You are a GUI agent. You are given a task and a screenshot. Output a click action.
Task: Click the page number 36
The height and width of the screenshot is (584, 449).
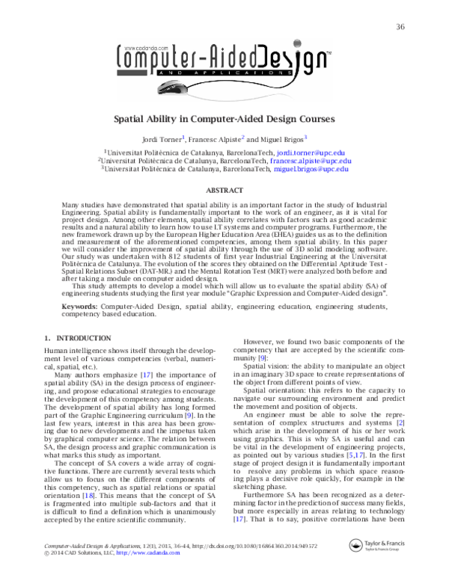[x=400, y=28]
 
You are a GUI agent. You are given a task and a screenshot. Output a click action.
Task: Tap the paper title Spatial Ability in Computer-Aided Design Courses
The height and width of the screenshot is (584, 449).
[x=224, y=118]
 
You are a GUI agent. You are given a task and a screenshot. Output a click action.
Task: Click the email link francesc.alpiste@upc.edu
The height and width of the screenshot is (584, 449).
[x=310, y=161]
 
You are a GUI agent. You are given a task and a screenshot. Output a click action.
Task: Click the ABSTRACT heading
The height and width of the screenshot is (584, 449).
[x=224, y=190]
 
